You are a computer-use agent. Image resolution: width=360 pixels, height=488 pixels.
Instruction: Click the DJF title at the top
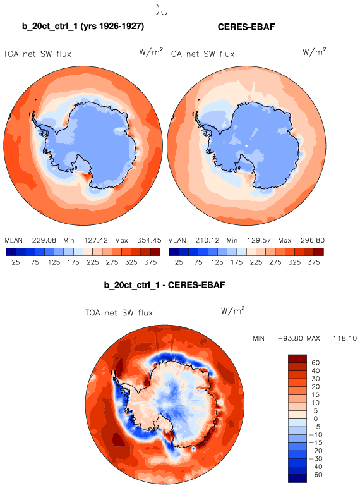pyautogui.click(x=164, y=9)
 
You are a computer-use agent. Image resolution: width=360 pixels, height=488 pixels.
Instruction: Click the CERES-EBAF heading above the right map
pyautogui.click(x=246, y=27)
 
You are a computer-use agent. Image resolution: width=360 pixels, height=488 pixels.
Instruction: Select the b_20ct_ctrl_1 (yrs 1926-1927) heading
pyautogui.click(x=83, y=26)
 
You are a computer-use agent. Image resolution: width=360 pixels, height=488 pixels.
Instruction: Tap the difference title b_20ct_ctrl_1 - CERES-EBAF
pyautogui.click(x=164, y=285)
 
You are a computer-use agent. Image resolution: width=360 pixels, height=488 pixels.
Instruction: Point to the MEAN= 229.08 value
pyautogui.click(x=30, y=240)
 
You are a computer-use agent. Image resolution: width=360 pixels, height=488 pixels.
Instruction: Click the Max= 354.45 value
pyautogui.click(x=138, y=240)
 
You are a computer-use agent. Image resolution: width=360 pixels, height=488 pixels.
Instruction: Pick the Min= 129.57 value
pyautogui.click(x=249, y=240)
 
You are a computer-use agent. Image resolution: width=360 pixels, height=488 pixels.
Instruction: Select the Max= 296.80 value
pyautogui.click(x=301, y=240)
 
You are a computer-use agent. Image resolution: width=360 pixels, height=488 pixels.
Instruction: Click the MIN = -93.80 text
pyautogui.click(x=278, y=338)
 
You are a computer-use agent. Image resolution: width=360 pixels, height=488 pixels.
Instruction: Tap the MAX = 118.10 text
pyautogui.click(x=332, y=338)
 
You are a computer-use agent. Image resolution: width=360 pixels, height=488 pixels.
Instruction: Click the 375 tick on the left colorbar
pyautogui.click(x=150, y=262)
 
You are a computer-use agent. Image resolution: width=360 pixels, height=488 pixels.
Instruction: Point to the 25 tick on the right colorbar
pyautogui.click(x=179, y=262)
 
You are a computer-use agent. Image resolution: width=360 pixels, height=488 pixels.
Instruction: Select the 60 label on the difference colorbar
pyautogui.click(x=316, y=363)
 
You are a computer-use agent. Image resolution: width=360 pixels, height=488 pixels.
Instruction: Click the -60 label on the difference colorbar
pyautogui.click(x=316, y=475)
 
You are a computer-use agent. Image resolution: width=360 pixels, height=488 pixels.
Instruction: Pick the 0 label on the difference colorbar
pyautogui.click(x=316, y=419)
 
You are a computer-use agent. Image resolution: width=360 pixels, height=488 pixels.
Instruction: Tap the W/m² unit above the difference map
pyautogui.click(x=232, y=310)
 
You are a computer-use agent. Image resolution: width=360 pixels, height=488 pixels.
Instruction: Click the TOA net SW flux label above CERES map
pyautogui.click(x=200, y=54)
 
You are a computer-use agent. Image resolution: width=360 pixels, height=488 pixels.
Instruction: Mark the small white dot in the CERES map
pyautogui.click(x=246, y=145)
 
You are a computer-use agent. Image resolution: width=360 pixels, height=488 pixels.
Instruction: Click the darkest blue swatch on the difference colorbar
pyautogui.click(x=297, y=479)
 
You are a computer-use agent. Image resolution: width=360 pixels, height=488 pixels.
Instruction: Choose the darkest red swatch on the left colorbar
pyautogui.click(x=155, y=252)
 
